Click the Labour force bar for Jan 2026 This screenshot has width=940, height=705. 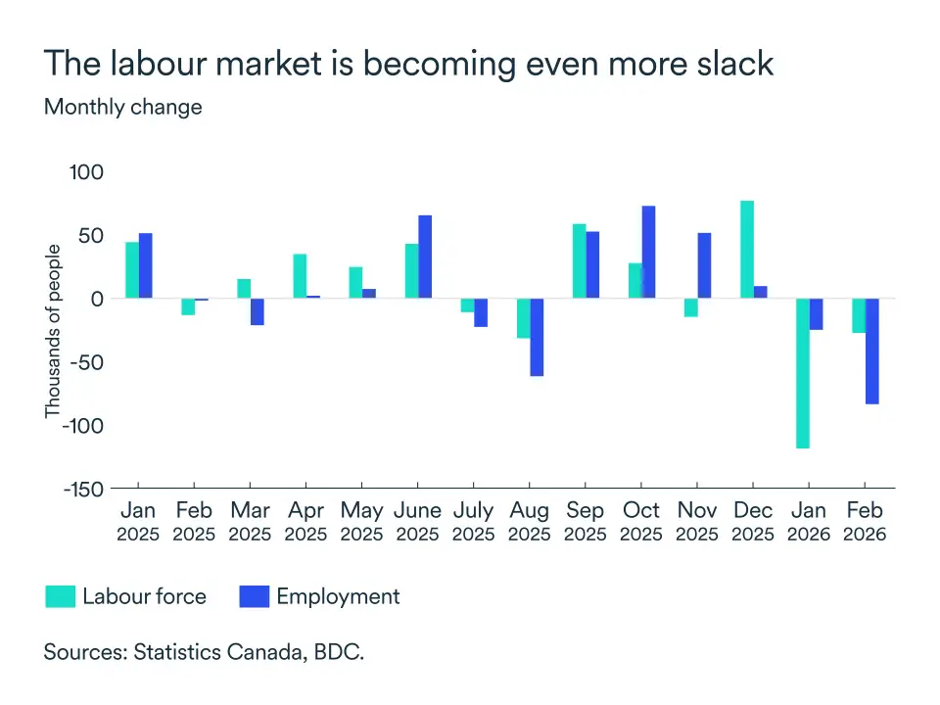tap(802, 373)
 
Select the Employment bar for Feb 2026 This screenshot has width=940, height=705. tap(871, 351)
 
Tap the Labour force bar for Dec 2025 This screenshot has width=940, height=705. tap(746, 250)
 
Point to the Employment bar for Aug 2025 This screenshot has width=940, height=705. tap(537, 337)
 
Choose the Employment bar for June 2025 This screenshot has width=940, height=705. tap(425, 257)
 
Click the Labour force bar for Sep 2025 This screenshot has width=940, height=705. tap(579, 261)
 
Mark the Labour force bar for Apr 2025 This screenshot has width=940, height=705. tap(300, 276)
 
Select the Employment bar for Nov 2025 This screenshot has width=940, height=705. tap(704, 265)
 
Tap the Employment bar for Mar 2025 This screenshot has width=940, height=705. tap(258, 311)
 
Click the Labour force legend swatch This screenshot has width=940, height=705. tap(61, 596)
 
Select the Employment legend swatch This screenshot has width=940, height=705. tap(254, 596)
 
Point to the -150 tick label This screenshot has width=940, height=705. tap(81, 488)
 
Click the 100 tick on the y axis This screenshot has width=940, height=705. tap(87, 171)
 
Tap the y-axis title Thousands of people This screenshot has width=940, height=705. tap(53, 332)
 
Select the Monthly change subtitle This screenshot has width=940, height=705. tap(123, 107)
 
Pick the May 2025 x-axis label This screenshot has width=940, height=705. tap(361, 522)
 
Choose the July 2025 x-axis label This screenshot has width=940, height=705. tap(473, 522)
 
